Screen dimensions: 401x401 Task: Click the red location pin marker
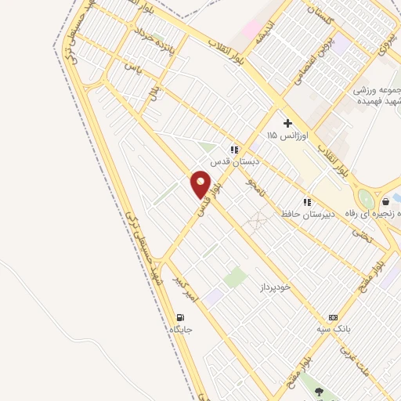200,184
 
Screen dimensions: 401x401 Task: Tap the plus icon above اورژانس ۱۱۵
287,123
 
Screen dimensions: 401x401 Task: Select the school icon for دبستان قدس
233,149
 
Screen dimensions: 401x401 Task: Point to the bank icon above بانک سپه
334,317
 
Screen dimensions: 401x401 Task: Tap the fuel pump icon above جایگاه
181,317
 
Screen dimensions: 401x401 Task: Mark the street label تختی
359,232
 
